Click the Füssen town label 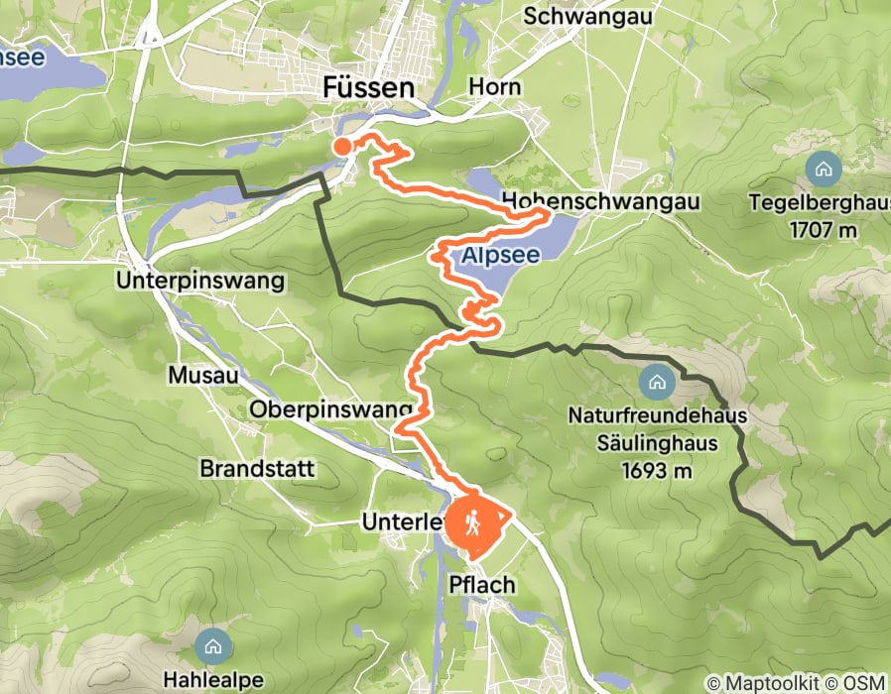[368, 88]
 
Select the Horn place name [495, 87]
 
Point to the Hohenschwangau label [601, 201]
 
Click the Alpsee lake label [500, 256]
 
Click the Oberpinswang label [331, 409]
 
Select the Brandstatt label [257, 468]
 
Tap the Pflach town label [482, 585]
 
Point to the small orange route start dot [342, 147]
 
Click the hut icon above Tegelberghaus [823, 170]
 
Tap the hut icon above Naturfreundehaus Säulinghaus [656, 381]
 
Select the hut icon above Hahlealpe [212, 647]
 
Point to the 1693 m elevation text [656, 470]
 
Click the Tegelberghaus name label [823, 204]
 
